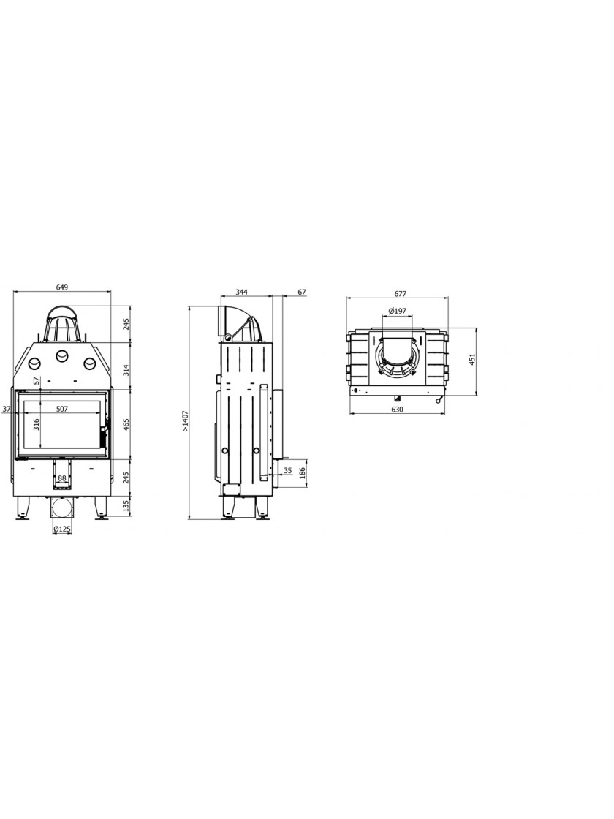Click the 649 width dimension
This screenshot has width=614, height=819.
[x=61, y=287]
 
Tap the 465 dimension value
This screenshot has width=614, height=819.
[x=124, y=424]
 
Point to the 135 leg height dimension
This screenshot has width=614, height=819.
[x=124, y=506]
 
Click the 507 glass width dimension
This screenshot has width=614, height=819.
[x=62, y=409]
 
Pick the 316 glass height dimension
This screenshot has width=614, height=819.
[x=37, y=424]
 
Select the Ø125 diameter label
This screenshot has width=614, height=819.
[x=62, y=529]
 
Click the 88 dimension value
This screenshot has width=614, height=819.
[x=62, y=478]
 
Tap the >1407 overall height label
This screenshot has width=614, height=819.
[x=184, y=422]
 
